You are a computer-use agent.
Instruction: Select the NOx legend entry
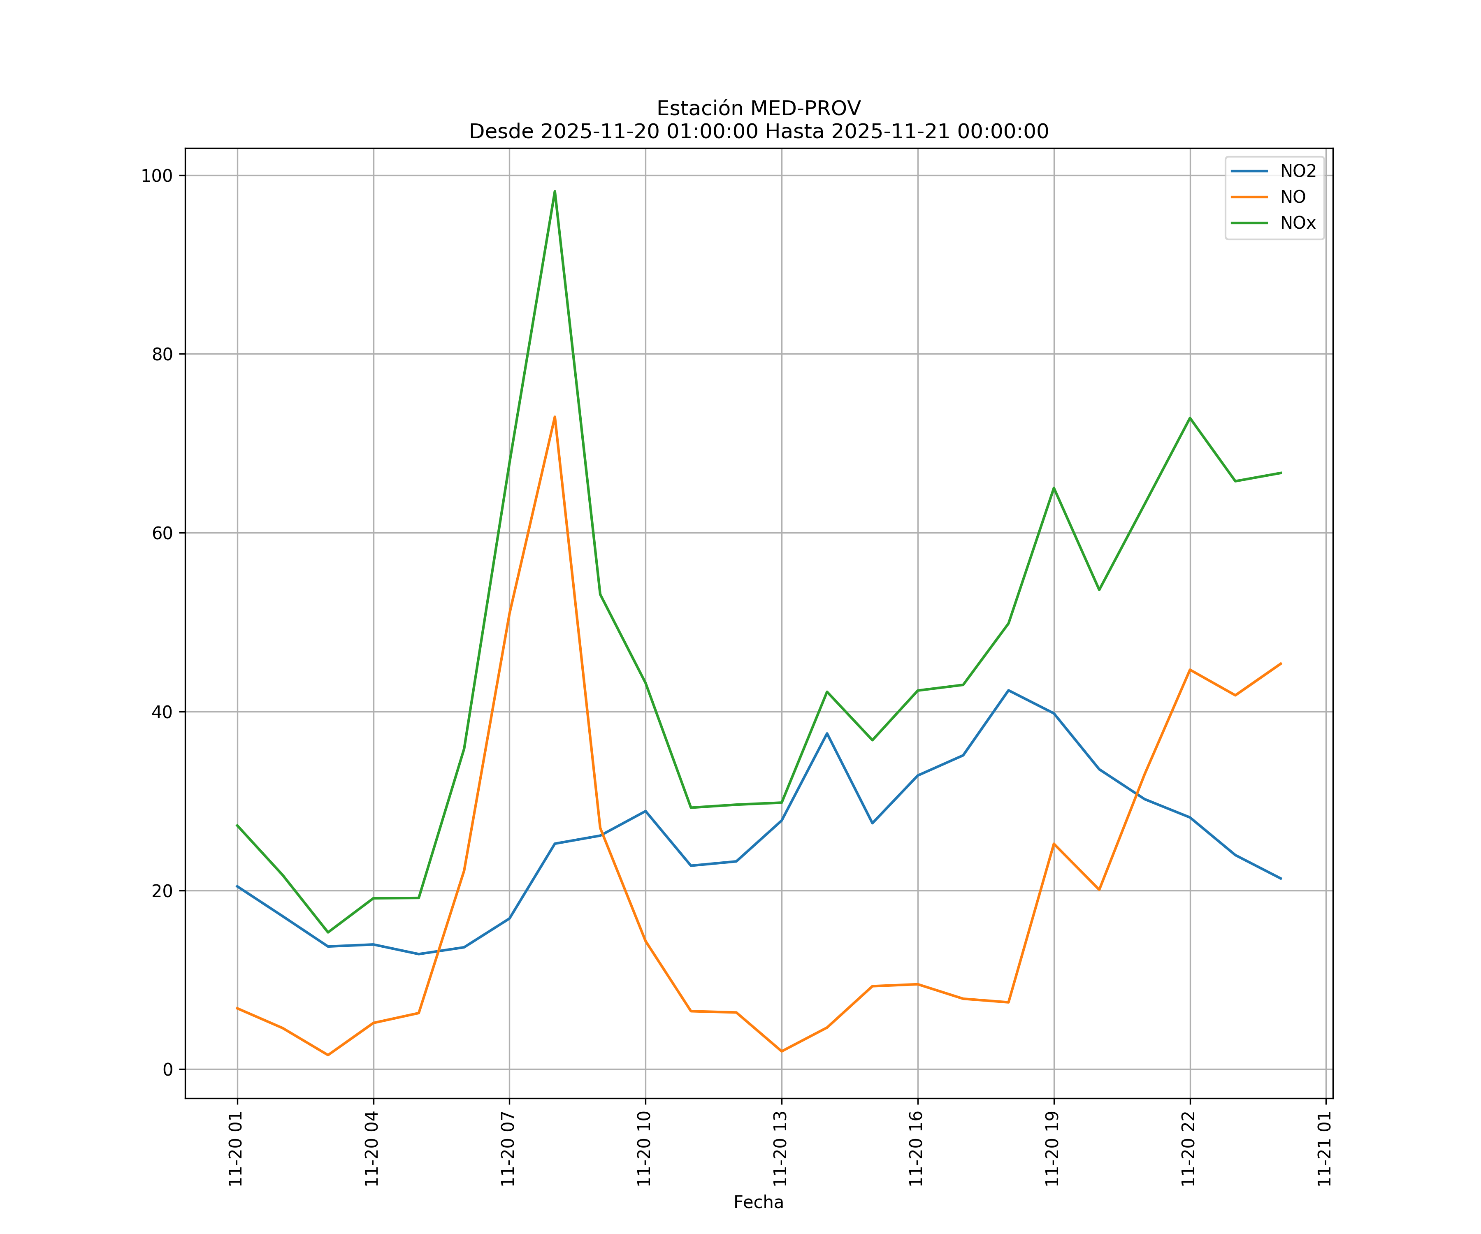1298,223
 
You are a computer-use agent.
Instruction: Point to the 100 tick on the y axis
157,176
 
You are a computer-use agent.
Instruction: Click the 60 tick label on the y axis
162,533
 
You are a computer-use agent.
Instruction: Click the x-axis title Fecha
758,1202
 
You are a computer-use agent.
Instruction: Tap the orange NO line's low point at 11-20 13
781,1051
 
